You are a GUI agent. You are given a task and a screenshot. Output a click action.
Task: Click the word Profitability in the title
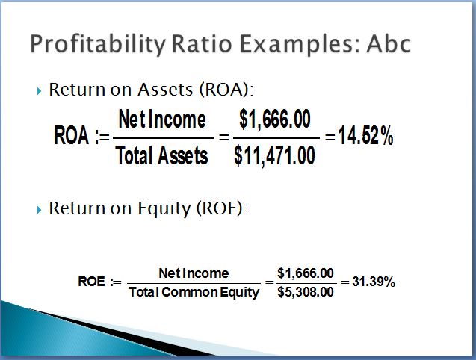pyautogui.click(x=98, y=44)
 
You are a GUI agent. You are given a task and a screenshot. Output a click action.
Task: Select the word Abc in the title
pyautogui.click(x=389, y=44)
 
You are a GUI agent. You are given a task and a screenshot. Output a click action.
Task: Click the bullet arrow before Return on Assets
pyautogui.click(x=39, y=91)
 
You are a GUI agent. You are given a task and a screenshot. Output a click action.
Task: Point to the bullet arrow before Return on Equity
pyautogui.click(x=39, y=210)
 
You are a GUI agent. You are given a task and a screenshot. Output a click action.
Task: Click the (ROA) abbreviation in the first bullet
pyautogui.click(x=225, y=90)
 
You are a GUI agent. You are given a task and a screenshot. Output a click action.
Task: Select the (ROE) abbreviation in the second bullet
pyautogui.click(x=221, y=209)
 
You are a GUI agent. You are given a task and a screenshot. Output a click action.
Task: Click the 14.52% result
pyautogui.click(x=366, y=135)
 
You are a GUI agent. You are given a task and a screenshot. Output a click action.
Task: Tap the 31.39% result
pyautogui.click(x=374, y=282)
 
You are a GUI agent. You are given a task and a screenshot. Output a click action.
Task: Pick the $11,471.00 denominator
pyautogui.click(x=274, y=155)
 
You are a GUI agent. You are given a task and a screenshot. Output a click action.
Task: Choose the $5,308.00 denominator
pyautogui.click(x=306, y=292)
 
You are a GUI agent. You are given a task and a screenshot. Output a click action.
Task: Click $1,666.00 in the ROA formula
pyautogui.click(x=275, y=119)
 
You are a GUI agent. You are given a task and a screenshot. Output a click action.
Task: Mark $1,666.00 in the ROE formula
pyautogui.click(x=306, y=273)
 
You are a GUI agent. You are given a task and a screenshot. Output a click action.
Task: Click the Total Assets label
pyautogui.click(x=162, y=155)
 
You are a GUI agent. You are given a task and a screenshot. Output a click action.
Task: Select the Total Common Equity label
pyautogui.click(x=194, y=292)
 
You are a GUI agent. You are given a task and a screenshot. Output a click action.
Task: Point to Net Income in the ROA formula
pyautogui.click(x=162, y=119)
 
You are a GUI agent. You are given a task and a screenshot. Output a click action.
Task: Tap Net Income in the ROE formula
pyautogui.click(x=194, y=273)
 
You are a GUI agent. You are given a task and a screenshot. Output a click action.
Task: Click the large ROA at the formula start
pyautogui.click(x=71, y=135)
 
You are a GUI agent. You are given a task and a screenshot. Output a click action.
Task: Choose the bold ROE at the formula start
pyautogui.click(x=91, y=282)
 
